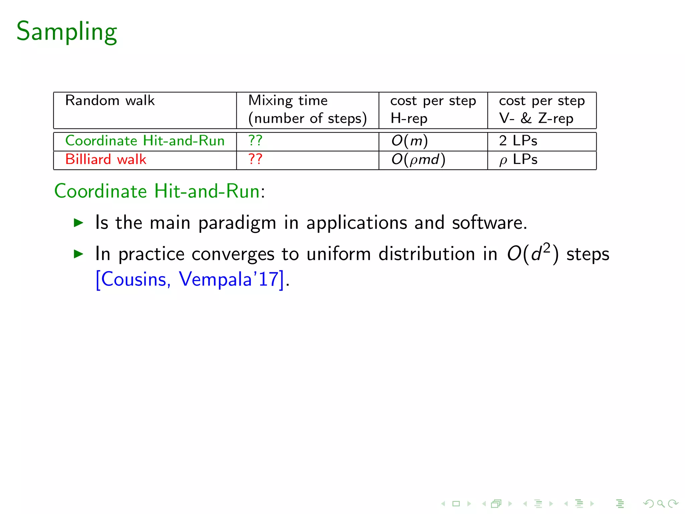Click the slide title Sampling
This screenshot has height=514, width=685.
(67, 31)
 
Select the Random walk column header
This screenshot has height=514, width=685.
(110, 101)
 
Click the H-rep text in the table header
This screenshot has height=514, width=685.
(409, 118)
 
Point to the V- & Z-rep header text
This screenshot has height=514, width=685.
(536, 118)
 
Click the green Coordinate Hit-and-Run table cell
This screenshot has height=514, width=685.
(145, 141)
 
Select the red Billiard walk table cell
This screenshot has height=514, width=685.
(106, 160)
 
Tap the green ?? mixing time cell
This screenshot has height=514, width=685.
(255, 141)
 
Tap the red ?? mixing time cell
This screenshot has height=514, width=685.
(255, 159)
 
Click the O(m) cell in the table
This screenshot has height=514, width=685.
(409, 141)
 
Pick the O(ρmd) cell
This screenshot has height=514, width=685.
(418, 160)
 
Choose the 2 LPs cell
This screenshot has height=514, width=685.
(518, 141)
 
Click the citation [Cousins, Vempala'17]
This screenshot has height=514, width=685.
(190, 279)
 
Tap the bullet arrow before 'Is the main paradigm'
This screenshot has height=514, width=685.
(78, 223)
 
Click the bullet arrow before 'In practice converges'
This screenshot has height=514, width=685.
(78, 254)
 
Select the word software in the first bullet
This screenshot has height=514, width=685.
(489, 223)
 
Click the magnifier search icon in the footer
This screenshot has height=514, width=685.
(660, 503)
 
